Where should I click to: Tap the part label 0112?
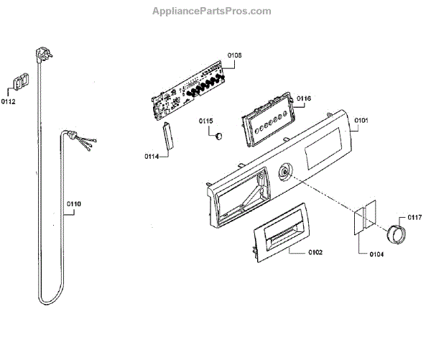click(9, 102)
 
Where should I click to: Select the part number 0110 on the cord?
click(74, 204)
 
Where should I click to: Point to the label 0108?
click(234, 55)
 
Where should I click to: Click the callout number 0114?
click(152, 156)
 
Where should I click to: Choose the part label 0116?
click(303, 98)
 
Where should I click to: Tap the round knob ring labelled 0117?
click(396, 232)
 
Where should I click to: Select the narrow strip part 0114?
click(170, 138)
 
